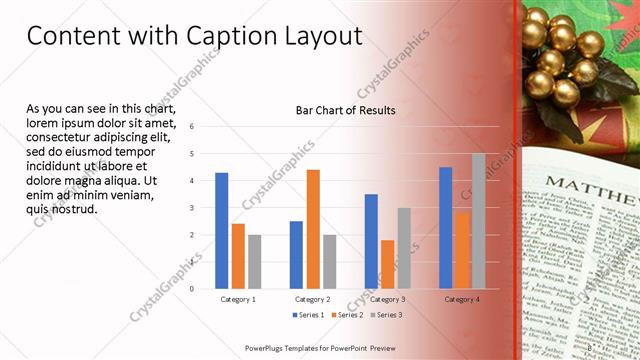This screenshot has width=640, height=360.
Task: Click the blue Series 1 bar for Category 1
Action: point(221,231)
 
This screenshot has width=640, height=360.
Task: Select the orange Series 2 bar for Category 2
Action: point(313,229)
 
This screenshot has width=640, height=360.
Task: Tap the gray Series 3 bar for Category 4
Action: point(478,221)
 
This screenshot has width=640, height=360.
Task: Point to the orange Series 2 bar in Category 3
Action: point(388,264)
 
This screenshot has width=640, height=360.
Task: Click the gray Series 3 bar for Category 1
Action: point(254,262)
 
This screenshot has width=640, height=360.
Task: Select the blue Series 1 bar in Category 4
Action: point(445,228)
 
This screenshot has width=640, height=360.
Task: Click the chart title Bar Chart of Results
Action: point(345,110)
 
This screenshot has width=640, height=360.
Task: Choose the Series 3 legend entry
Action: point(386,315)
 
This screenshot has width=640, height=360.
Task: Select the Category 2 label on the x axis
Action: point(313,299)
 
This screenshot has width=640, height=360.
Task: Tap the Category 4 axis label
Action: point(461,299)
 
